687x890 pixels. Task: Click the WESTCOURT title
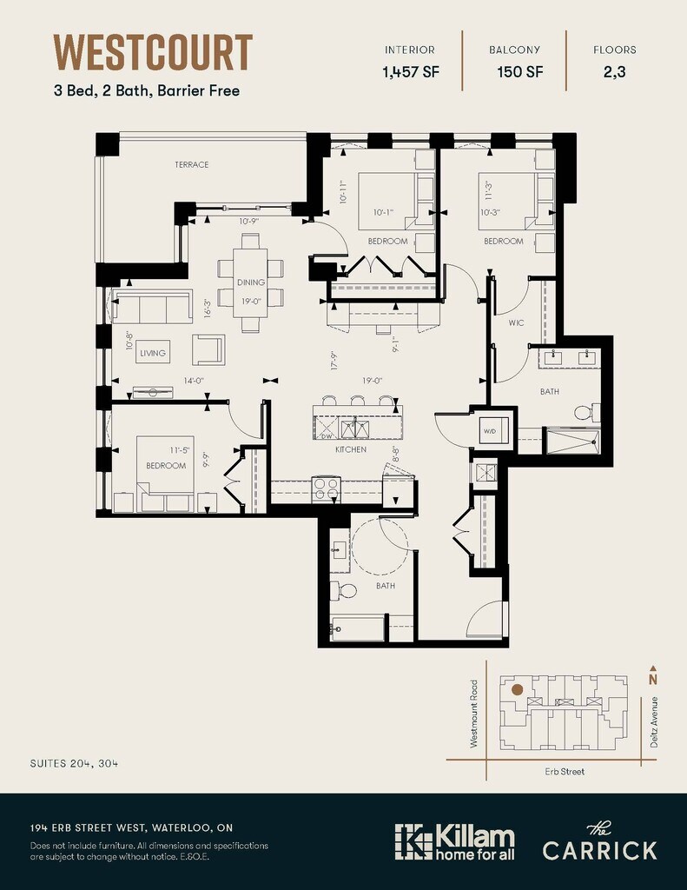[x=153, y=52]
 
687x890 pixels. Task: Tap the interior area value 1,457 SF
[x=410, y=72]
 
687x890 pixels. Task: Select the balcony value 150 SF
[x=520, y=72]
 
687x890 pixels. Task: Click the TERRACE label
[x=192, y=164]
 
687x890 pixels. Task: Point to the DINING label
[x=251, y=282]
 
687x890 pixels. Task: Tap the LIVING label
[x=153, y=353]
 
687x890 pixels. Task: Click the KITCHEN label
[x=351, y=449]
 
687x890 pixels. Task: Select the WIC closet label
[x=516, y=323]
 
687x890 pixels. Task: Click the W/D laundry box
[x=490, y=431]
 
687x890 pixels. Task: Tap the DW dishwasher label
[x=327, y=436]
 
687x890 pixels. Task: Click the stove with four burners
[x=327, y=488]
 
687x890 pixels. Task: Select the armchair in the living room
[x=208, y=349]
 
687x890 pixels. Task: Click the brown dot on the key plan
[x=517, y=689]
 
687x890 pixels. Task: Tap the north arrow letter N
[x=653, y=680]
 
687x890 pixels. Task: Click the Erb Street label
[x=565, y=772]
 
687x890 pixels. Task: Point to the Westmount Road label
[x=474, y=714]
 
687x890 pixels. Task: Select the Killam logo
[x=455, y=841]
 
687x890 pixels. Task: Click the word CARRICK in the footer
[x=599, y=850]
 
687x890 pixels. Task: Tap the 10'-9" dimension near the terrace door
[x=248, y=222]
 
